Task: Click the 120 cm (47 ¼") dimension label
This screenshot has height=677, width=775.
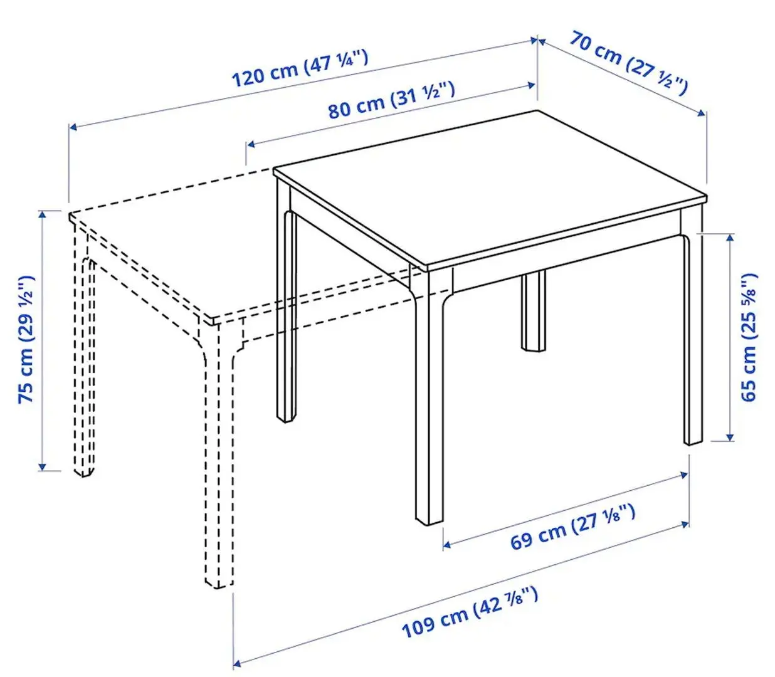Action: (x=300, y=68)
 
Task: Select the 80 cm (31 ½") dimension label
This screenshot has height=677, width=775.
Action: (x=391, y=100)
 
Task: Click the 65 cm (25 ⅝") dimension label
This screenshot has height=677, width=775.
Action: (x=749, y=338)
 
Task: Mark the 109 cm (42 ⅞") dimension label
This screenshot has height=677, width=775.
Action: (x=470, y=611)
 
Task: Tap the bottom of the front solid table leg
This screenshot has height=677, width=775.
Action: (x=430, y=517)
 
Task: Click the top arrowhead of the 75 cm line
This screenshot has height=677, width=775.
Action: (x=42, y=214)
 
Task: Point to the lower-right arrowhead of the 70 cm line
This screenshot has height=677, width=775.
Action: (x=703, y=113)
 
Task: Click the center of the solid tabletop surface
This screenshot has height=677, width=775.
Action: (x=489, y=188)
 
